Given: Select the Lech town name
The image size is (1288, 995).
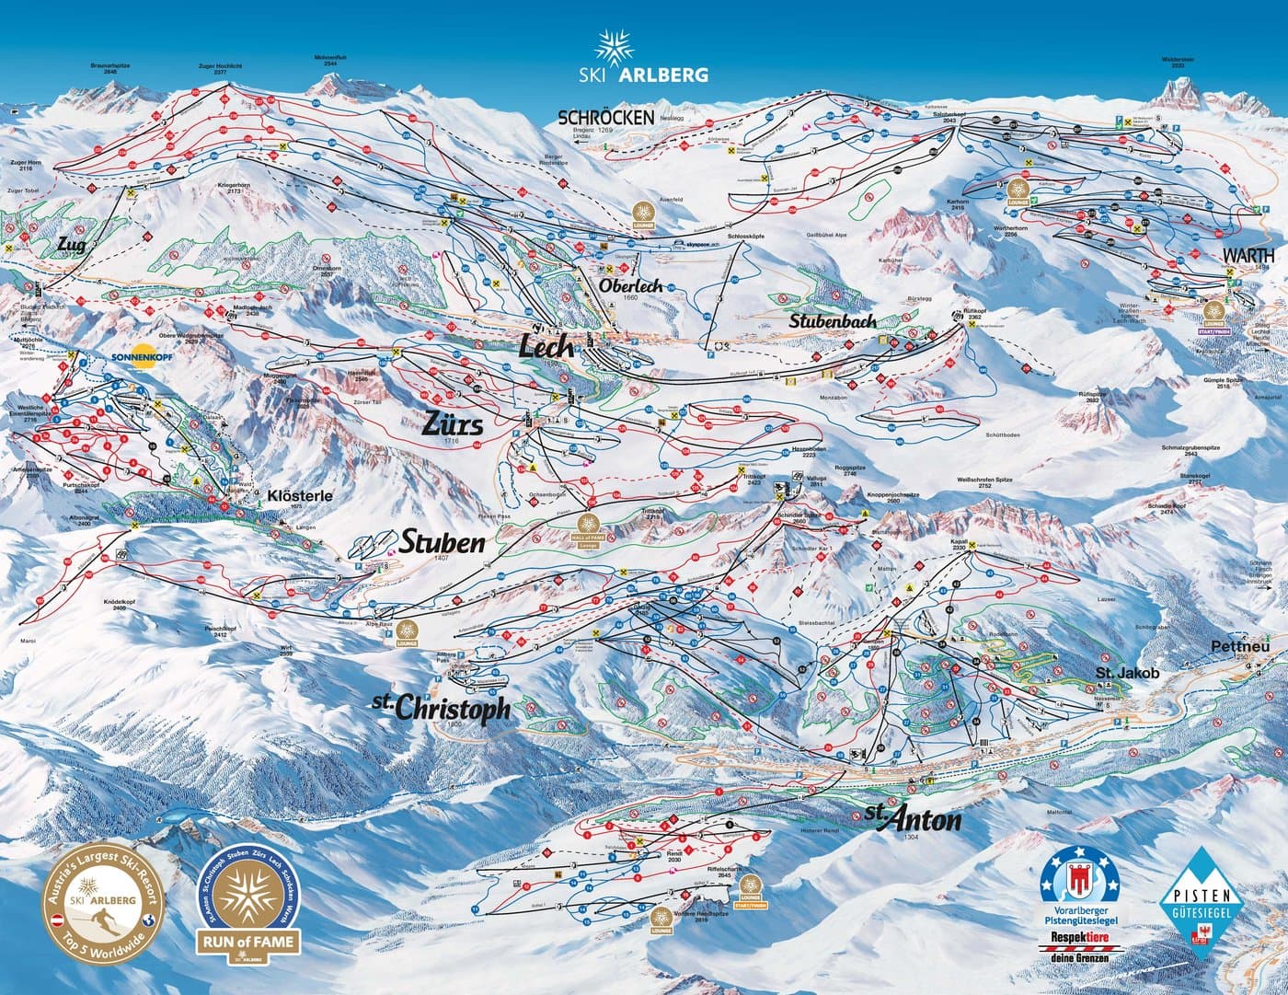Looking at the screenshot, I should (547, 347).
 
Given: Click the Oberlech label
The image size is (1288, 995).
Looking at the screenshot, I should (631, 286).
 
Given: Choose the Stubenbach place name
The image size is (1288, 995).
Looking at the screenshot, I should (832, 322).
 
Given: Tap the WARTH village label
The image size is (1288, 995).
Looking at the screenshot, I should (1248, 255).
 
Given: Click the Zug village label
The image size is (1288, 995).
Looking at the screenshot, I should (75, 245).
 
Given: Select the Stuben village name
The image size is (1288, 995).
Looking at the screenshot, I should (441, 543).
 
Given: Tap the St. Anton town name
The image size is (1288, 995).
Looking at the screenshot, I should (913, 819).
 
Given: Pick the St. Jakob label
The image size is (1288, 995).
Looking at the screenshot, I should (1127, 674).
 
